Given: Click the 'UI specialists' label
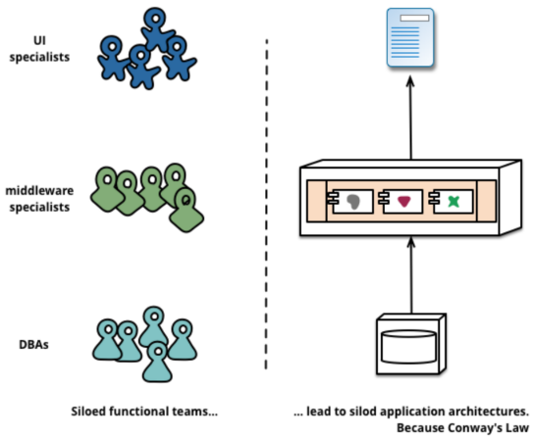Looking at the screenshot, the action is pos(39,49).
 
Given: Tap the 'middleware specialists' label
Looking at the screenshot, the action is pos(39,199).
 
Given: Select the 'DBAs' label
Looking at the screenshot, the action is pos(33,345).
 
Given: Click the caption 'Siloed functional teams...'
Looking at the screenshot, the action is pos(144,412).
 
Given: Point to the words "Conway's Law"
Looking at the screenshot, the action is pos(488,427).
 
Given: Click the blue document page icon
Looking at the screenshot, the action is pos(410,37).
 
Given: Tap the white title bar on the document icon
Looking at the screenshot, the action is pos(414,18).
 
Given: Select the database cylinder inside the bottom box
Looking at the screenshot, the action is pos(408,346).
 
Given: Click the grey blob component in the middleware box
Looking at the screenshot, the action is pos(353,202).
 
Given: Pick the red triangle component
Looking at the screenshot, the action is pos(403,202).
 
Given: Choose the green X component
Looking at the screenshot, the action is pos(453,202).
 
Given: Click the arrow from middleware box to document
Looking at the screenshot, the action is pos(410,118).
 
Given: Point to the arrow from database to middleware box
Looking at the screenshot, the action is pos(411,275).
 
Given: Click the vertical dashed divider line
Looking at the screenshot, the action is pos(267,204).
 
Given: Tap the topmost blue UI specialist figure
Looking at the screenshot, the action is pos(157,29).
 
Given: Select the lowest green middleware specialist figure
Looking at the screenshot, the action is pos(187,211).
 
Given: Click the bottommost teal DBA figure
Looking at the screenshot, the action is pos(157,363).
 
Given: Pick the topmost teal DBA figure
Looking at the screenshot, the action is pos(154,326).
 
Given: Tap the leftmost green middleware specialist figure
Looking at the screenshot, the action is pos(107,189).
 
